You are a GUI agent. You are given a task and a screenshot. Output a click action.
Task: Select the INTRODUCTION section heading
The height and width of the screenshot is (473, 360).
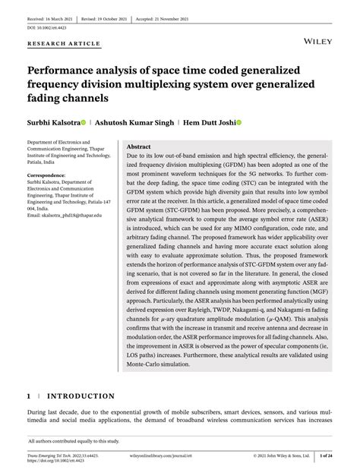[x=81, y=396]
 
